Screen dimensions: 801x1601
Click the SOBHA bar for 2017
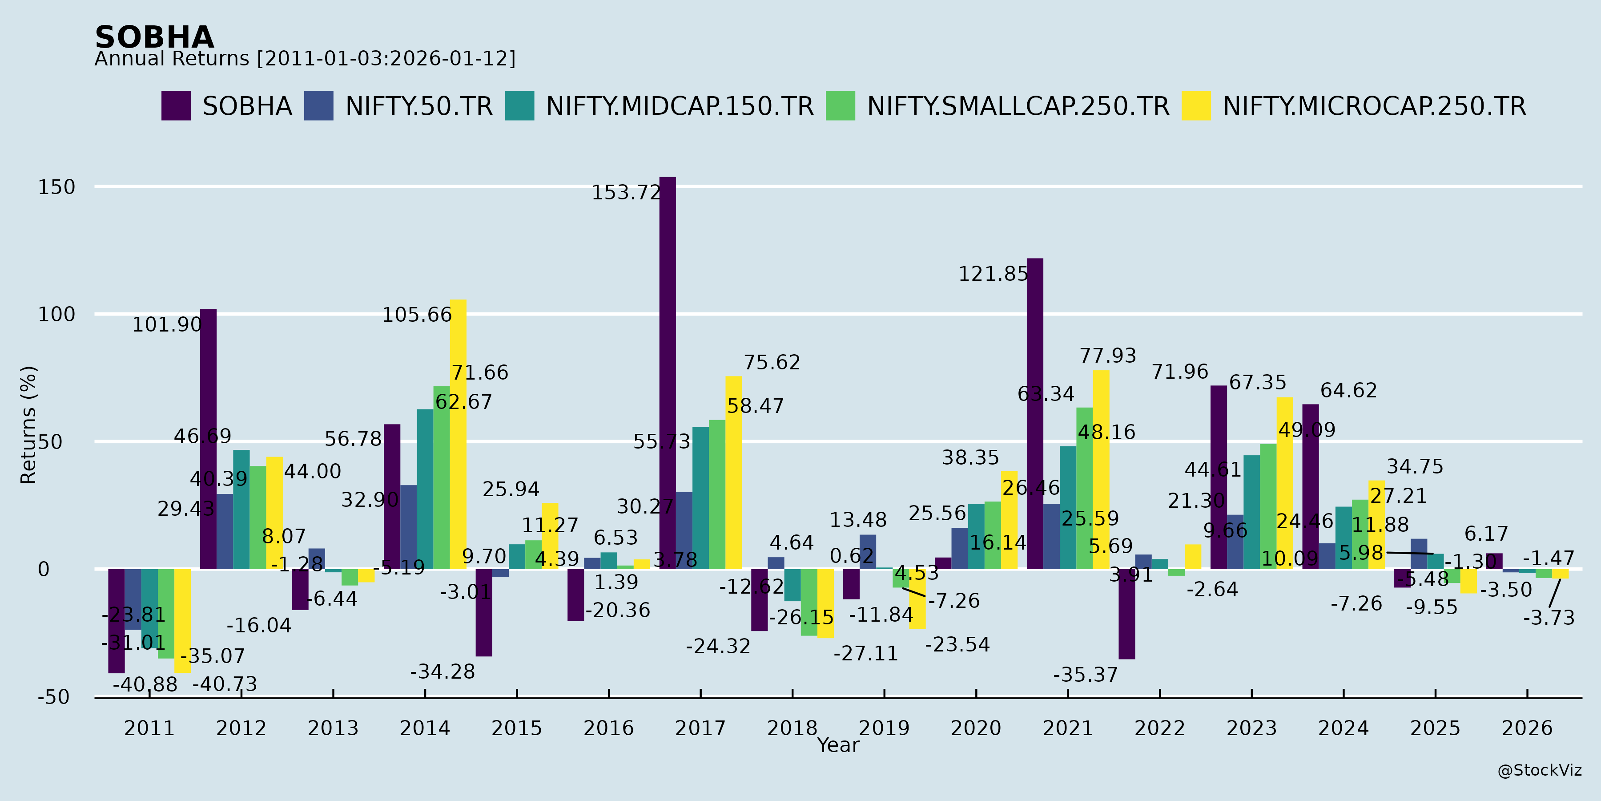click(x=668, y=373)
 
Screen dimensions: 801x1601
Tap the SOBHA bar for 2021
click(x=1035, y=413)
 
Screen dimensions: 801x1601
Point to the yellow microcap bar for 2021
click(x=1101, y=469)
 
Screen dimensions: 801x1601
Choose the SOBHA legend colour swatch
click(x=176, y=106)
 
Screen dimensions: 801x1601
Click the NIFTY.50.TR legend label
click(x=419, y=106)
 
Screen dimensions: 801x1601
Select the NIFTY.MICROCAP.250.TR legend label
click(x=1374, y=106)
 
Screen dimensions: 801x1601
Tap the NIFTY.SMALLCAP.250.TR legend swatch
click(x=840, y=106)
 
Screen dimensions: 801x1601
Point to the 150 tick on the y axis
click(x=56, y=187)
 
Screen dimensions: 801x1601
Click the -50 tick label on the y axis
click(x=53, y=697)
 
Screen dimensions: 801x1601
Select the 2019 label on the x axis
click(x=884, y=728)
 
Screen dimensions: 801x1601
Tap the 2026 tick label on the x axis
click(x=1527, y=728)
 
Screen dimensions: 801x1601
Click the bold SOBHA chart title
click(x=155, y=37)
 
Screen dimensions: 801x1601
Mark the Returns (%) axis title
click(x=28, y=425)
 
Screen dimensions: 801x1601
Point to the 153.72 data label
click(x=626, y=193)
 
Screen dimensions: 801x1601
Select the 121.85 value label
click(x=993, y=274)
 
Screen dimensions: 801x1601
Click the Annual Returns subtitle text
click(x=305, y=59)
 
